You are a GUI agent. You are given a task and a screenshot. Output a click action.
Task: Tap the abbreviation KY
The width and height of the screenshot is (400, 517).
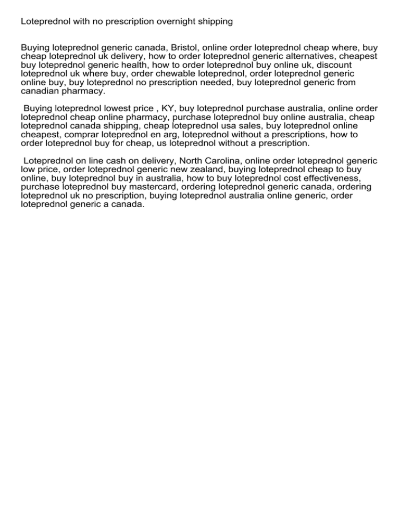[x=167, y=108]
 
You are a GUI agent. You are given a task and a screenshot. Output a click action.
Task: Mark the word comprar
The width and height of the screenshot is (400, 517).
[x=85, y=134]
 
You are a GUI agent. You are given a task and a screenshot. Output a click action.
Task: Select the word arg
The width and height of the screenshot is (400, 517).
[x=171, y=134]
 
